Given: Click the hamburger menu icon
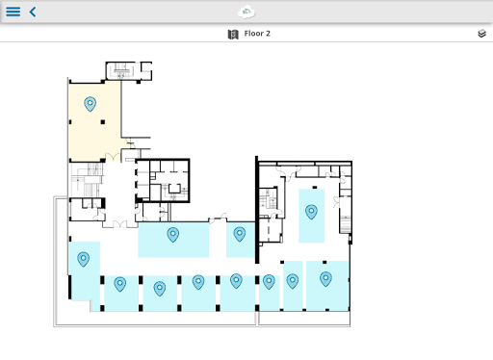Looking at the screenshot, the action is (13, 12).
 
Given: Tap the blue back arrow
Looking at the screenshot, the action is (33, 12).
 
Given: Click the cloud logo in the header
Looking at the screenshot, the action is (246, 13).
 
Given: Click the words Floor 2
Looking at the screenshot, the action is (257, 34).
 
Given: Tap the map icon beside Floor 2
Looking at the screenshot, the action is (233, 34).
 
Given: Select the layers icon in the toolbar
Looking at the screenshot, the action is (481, 34).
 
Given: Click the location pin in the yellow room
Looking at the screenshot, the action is (90, 104).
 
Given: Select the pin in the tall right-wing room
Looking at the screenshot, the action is (311, 212).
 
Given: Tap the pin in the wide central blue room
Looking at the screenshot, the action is (172, 235).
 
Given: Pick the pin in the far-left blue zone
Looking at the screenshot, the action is (83, 259).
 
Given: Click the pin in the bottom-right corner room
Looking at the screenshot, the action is (325, 279).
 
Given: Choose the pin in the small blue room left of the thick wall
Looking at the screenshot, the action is (240, 234).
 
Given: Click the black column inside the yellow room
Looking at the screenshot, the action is (103, 122).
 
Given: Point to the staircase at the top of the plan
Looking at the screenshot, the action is (121, 70).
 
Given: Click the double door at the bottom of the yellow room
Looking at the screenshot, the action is (113, 157).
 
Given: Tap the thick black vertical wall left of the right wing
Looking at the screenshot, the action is (257, 210).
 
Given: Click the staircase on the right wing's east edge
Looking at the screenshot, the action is (346, 224).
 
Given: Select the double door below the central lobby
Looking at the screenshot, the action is (119, 224).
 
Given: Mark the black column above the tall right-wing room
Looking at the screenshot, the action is (315, 188).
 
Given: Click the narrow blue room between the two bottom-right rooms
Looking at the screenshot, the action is (293, 286).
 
